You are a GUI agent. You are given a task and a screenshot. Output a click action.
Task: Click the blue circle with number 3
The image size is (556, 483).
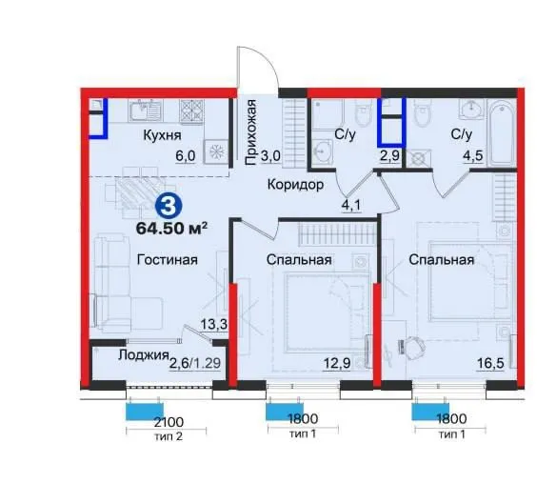tap(169, 207)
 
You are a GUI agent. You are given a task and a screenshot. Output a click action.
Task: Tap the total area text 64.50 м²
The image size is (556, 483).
tap(172, 229)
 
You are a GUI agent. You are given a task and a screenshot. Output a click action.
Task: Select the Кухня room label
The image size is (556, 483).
tap(162, 135)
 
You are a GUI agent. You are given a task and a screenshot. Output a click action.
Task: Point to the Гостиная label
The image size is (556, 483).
tap(168, 260)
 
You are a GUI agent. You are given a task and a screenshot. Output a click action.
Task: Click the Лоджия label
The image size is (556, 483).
tap(143, 355)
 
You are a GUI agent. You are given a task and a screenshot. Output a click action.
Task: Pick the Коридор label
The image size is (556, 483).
tap(295, 185)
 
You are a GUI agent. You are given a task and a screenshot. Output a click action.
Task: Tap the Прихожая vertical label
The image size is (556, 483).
tap(250, 132)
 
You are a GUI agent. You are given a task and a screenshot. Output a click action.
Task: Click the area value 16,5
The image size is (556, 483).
tap(490, 364)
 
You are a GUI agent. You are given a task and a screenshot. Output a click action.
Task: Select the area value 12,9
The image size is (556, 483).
tap(337, 363)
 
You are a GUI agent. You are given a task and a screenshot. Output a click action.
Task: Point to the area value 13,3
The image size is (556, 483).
tap(214, 324)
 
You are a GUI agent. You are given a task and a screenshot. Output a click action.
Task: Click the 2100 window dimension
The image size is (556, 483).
tap(169, 422)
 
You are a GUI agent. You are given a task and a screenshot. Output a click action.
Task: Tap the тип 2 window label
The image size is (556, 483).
tap(169, 436)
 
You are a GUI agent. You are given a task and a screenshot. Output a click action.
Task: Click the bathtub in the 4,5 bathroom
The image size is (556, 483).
tap(502, 132)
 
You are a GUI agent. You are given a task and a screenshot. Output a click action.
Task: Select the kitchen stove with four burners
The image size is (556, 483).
tap(192, 111)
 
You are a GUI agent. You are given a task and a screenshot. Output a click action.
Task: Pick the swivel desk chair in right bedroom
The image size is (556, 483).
tap(412, 345)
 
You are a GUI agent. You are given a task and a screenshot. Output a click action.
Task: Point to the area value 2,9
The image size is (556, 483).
tap(389, 156)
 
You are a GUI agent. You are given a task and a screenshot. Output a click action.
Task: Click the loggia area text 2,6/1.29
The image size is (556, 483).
tap(195, 363)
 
